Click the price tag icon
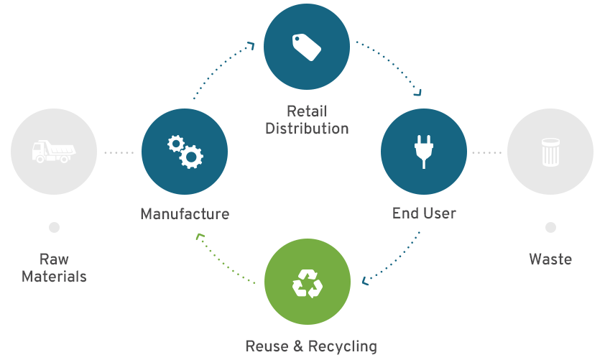(x=307, y=47)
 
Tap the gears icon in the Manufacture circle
(x=185, y=152)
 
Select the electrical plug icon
(x=424, y=152)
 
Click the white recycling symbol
(x=308, y=284)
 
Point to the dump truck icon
(x=54, y=151)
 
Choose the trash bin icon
(x=550, y=152)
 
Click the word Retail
(x=307, y=111)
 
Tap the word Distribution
(x=307, y=129)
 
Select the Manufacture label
(x=185, y=213)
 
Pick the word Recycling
(x=343, y=346)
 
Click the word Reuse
(x=267, y=346)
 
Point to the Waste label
(x=550, y=259)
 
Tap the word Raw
(x=54, y=259)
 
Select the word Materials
(x=54, y=277)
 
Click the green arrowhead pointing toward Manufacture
(x=200, y=236)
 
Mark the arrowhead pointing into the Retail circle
(x=251, y=46)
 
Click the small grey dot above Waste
(x=550, y=228)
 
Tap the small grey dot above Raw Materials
(x=54, y=228)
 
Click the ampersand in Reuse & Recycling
(x=298, y=346)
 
